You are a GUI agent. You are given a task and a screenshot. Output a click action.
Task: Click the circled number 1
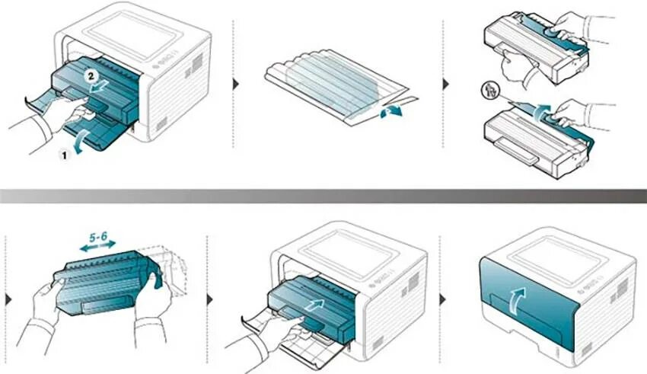(65, 152)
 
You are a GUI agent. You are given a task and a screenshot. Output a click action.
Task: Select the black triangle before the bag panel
(235, 83)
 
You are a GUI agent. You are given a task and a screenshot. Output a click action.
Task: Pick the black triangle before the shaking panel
(8, 299)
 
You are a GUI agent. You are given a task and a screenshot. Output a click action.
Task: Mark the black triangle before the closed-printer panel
(445, 299)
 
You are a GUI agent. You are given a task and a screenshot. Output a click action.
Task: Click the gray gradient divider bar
(323, 196)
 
